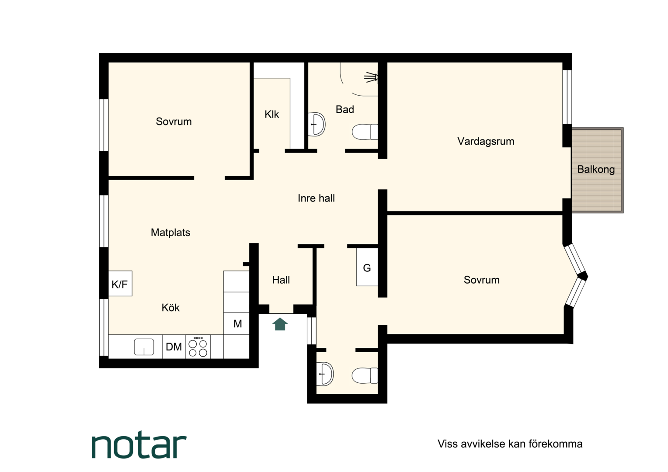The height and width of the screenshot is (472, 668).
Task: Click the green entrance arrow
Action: (x=280, y=324)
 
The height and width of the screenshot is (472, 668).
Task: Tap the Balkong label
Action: (x=596, y=170)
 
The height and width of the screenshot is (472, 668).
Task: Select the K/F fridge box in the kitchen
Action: (x=120, y=284)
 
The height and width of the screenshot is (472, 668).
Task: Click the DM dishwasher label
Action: (x=174, y=347)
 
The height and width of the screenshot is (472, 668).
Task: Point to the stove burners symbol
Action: (x=198, y=347)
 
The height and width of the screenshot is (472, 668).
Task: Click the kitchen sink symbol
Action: (x=144, y=347)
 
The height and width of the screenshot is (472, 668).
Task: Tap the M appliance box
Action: (x=237, y=323)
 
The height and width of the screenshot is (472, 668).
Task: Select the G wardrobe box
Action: (x=367, y=267)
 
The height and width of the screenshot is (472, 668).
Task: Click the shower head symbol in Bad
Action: (x=371, y=77)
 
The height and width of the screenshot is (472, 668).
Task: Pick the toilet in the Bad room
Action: (x=365, y=132)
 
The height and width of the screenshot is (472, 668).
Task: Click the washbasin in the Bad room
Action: (x=317, y=124)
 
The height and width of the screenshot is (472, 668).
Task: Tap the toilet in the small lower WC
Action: (x=365, y=375)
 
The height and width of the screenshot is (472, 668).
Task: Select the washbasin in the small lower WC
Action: (x=325, y=374)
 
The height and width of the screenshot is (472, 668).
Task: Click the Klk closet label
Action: (x=271, y=114)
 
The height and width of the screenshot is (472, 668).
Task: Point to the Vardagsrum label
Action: (x=486, y=141)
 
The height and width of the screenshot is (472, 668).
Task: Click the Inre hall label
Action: (x=316, y=198)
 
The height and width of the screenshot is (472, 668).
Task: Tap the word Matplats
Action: (x=170, y=232)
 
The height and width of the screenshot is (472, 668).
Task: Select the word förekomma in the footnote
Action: (x=556, y=444)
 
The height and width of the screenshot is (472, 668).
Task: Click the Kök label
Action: (x=170, y=307)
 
